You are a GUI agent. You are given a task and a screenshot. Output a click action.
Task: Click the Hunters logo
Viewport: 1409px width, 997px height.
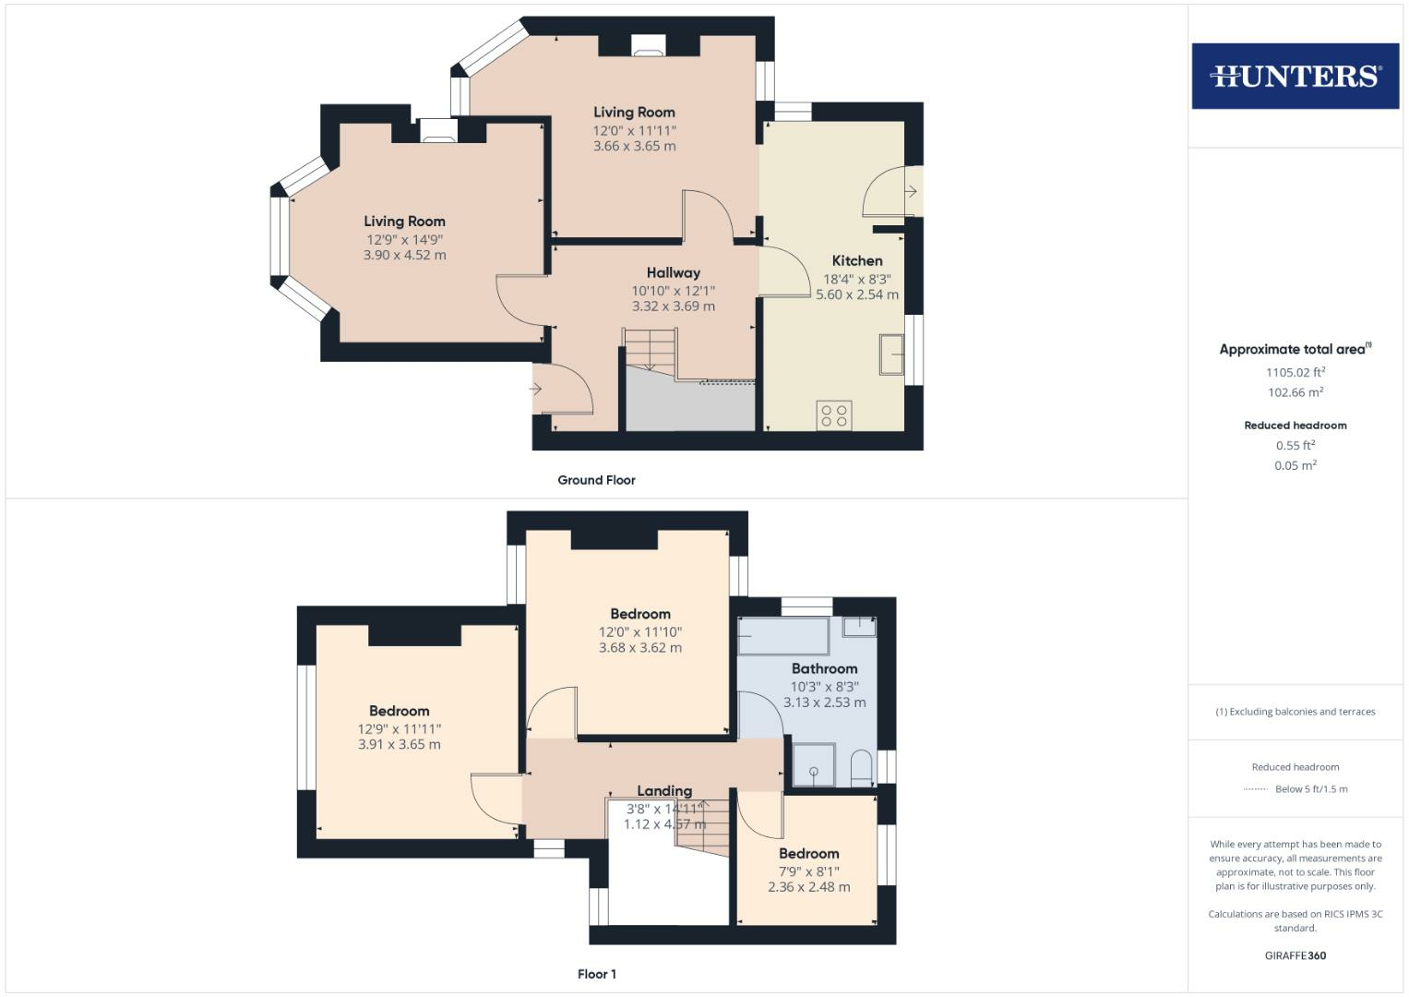point(1295,76)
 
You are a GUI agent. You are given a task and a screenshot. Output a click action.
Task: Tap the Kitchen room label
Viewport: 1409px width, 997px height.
point(857,260)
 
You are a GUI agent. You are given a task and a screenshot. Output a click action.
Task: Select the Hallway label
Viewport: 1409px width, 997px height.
point(673,272)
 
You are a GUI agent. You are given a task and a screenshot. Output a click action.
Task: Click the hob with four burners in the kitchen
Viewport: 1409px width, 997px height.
point(834,414)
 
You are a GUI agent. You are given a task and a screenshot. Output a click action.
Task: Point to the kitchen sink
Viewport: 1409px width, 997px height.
point(891,354)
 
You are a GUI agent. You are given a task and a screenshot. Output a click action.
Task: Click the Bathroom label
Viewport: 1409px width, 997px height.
point(824,668)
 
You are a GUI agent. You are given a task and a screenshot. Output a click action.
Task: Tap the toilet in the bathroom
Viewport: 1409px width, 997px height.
point(862,768)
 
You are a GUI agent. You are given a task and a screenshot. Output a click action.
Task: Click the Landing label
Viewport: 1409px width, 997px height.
point(664,790)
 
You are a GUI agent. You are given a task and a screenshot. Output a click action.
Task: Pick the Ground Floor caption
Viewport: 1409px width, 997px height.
point(596,480)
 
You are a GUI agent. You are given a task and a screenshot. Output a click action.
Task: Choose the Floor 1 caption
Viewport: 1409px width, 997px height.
point(596,974)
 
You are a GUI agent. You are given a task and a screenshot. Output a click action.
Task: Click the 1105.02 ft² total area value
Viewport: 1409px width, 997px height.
point(1296,372)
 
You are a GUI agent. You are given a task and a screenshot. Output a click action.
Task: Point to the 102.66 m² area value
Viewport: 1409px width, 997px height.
point(1296,392)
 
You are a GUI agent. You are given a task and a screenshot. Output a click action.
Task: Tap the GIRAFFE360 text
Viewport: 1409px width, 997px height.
point(1296,955)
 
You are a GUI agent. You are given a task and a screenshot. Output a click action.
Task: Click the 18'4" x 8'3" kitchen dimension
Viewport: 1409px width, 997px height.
point(857,279)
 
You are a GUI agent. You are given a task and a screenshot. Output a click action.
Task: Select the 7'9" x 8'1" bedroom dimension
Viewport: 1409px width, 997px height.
point(809,871)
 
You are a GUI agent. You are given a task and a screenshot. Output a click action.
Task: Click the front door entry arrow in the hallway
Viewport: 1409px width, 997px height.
point(535,389)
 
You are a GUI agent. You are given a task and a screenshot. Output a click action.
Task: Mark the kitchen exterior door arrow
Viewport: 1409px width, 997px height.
point(911,191)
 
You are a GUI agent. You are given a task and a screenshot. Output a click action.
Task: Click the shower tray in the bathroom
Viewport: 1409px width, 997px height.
point(814,765)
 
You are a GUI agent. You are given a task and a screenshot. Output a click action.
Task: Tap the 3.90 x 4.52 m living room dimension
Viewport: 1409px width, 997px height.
point(404,255)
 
